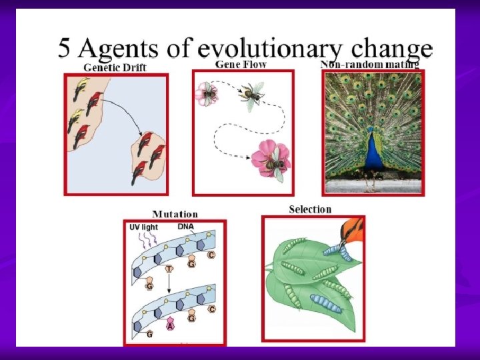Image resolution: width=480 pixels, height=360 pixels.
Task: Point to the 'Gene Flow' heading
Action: click(241, 64)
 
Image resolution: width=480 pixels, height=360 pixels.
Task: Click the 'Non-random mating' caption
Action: click(369, 65)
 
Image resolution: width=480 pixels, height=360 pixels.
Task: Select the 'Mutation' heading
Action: click(175, 214)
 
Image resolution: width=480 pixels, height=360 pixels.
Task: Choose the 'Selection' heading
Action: click(310, 209)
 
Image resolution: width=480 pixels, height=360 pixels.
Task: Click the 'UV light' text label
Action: click(143, 227)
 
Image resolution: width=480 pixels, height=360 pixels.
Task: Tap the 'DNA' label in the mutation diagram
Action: click(185, 227)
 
